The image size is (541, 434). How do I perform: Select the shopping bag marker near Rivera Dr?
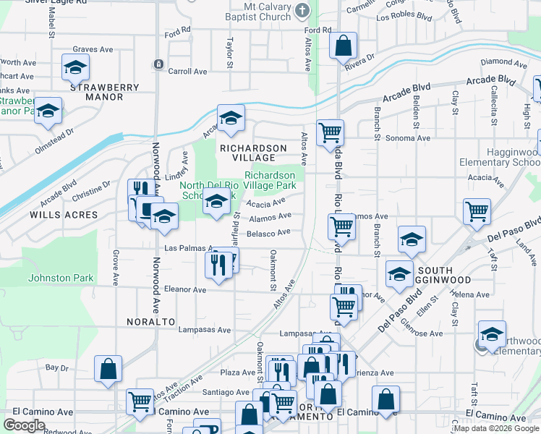click(x=343, y=46)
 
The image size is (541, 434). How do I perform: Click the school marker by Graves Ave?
click(x=75, y=68)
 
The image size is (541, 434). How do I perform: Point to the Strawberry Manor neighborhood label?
click(x=104, y=92)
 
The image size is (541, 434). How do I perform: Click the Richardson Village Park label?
click(x=270, y=180)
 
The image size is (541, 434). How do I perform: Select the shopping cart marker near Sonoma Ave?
click(x=330, y=132)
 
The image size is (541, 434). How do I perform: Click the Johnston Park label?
click(x=61, y=278)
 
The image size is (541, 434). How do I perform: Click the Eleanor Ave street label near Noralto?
click(x=186, y=289)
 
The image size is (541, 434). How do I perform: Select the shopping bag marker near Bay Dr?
click(x=108, y=369)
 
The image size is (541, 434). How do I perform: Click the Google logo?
click(x=24, y=425)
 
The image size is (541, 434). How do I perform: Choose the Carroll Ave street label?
click(x=187, y=72)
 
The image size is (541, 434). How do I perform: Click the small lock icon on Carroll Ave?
click(x=158, y=64)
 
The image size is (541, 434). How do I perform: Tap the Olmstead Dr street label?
click(x=54, y=142)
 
